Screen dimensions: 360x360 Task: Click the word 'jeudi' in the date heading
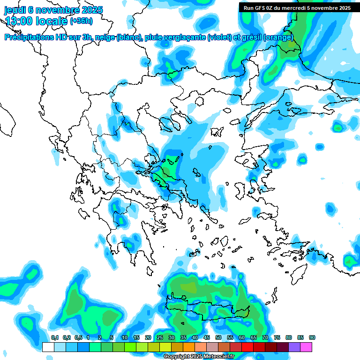[x=16, y=10]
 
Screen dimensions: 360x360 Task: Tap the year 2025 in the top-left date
[x=91, y=10]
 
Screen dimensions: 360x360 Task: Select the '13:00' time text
[x=20, y=21]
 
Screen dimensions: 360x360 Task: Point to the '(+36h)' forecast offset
[x=81, y=21]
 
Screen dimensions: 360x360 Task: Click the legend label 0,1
[x=54, y=337]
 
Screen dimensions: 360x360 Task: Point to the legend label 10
[x=124, y=337]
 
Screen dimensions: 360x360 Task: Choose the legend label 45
[x=206, y=337]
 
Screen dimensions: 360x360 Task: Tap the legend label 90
[x=312, y=337]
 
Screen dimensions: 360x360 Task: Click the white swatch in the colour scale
[x=48, y=347]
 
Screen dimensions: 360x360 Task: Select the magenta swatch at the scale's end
[x=306, y=347]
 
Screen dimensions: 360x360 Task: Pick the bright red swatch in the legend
[x=247, y=347]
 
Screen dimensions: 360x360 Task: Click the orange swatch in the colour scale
[x=189, y=347]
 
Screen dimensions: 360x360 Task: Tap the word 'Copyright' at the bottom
[x=176, y=357]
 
